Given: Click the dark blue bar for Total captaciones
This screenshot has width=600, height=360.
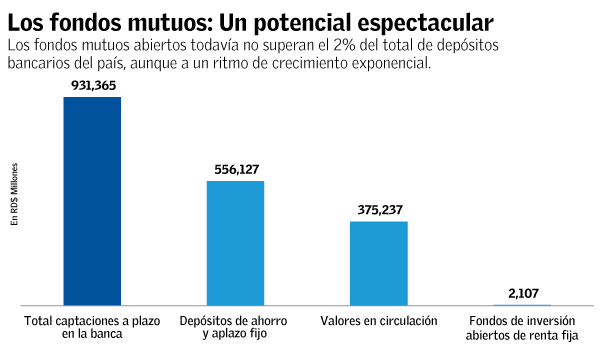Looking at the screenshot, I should (x=92, y=200).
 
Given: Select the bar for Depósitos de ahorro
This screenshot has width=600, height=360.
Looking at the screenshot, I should (x=235, y=242).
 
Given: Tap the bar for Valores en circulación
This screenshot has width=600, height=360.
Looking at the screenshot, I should (x=379, y=262).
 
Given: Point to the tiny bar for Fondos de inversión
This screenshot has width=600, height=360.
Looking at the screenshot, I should (x=522, y=304).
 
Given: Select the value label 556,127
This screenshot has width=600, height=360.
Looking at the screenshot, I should (x=235, y=170).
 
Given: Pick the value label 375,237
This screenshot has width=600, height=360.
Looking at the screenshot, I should (x=379, y=210).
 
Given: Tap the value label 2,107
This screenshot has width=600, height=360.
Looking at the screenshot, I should (x=522, y=293).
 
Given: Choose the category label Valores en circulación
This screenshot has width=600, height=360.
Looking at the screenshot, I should (x=379, y=322).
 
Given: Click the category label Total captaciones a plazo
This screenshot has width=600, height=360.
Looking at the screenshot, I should (x=92, y=322).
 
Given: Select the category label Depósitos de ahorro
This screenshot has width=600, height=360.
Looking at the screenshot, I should (x=235, y=322).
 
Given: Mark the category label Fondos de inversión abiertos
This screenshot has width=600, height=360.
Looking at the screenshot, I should (x=522, y=329).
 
